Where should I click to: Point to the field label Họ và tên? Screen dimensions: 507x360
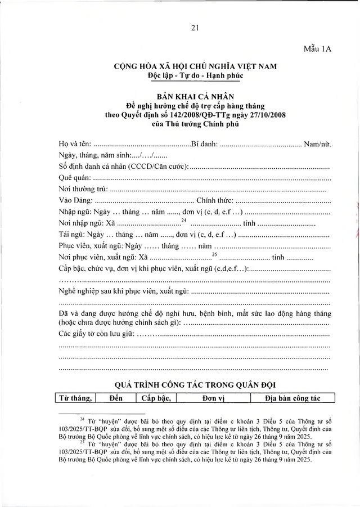75,144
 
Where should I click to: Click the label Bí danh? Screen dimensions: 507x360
205,144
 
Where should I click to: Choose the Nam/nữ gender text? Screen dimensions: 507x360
317,144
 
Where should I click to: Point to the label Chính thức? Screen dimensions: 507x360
214,201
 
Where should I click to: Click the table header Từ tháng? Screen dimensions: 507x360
74,398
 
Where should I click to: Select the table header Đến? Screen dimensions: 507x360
116,398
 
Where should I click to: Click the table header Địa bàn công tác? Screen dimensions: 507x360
292,398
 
